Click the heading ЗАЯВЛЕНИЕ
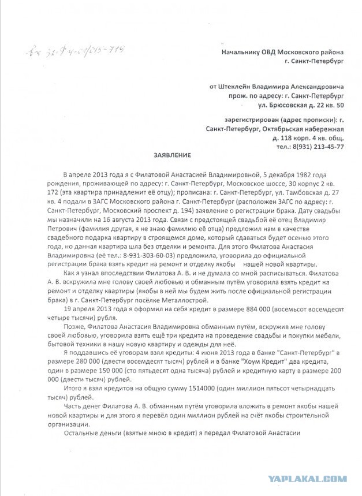point(171,156)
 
